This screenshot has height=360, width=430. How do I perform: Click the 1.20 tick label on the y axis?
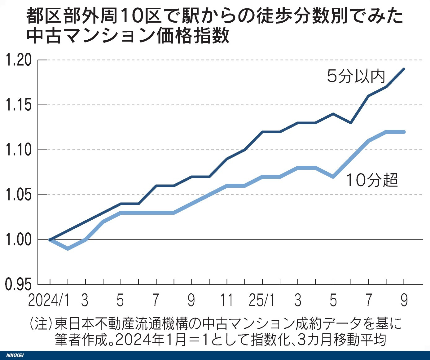click(19, 60)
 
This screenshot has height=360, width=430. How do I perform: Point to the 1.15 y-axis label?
click(19, 105)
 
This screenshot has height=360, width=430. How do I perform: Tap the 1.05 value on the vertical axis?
click(19, 195)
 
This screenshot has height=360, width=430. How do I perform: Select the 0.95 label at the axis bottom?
click(19, 284)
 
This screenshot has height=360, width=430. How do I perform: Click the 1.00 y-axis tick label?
click(19, 240)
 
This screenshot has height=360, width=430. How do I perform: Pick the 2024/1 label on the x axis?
click(49, 300)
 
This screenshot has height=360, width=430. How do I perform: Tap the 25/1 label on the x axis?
click(262, 300)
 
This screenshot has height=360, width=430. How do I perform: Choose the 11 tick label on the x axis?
click(226, 300)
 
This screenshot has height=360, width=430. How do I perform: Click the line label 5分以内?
click(356, 76)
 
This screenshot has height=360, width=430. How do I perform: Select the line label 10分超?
click(372, 180)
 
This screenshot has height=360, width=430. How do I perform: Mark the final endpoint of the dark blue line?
click(404, 69)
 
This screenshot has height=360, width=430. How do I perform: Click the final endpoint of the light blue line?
click(404, 132)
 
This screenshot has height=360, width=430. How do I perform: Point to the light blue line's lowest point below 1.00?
click(68, 248)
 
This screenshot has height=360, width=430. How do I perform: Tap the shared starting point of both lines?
click(50, 239)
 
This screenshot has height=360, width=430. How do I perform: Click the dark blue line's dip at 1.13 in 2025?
click(351, 123)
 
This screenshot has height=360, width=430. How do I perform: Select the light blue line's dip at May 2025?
click(333, 177)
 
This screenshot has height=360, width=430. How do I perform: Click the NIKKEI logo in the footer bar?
click(15, 355)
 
